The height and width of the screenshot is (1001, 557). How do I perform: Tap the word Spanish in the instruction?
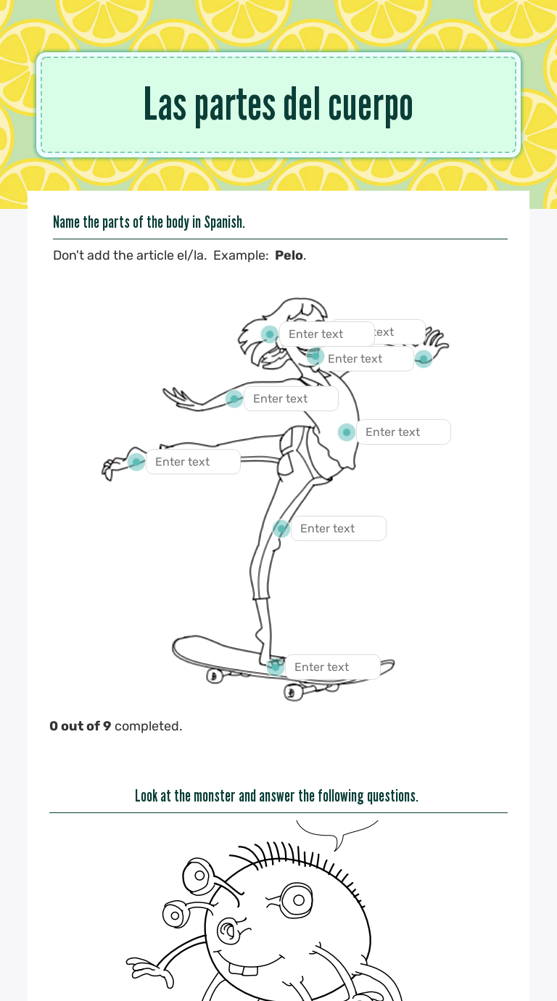(223, 222)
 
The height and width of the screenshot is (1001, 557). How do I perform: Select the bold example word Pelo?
(289, 255)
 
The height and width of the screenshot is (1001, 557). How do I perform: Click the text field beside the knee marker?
(338, 528)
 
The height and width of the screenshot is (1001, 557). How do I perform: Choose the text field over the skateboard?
(332, 667)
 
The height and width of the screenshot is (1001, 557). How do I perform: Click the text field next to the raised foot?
(193, 461)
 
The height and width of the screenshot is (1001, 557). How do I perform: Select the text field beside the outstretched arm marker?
(291, 398)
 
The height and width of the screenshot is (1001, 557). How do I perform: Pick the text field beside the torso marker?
(403, 432)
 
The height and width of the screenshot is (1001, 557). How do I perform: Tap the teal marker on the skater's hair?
(270, 334)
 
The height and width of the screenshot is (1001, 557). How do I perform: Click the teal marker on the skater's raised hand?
(424, 358)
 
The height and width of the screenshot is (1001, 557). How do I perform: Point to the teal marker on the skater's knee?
(281, 529)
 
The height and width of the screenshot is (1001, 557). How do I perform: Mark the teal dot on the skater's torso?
(347, 432)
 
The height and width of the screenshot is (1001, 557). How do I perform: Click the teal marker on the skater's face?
(315, 356)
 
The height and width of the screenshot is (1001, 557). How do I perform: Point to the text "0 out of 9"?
(81, 725)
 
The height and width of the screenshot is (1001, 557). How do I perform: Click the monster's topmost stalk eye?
(197, 875)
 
